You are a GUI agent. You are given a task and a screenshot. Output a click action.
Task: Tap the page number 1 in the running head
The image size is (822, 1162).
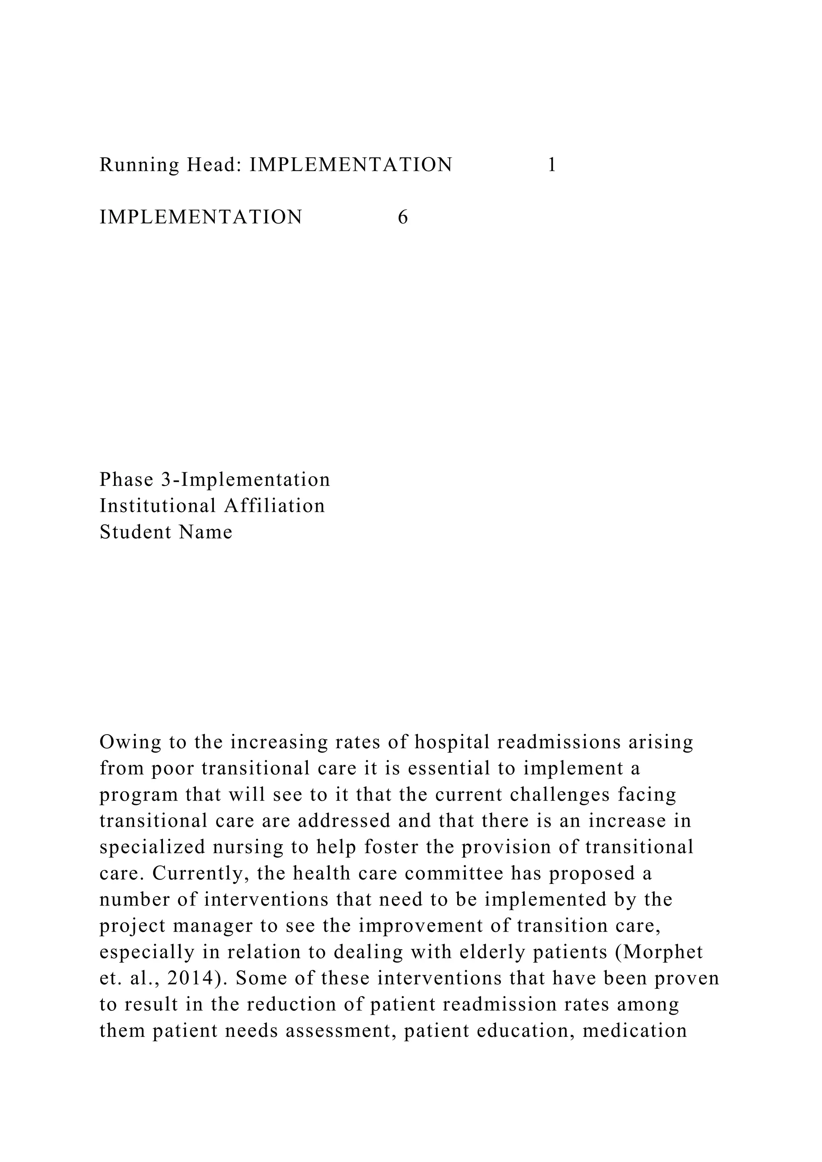(552, 165)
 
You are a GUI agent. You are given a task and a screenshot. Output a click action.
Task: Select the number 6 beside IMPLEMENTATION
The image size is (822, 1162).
(403, 217)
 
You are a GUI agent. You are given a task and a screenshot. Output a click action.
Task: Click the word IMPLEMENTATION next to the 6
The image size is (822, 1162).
(201, 217)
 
